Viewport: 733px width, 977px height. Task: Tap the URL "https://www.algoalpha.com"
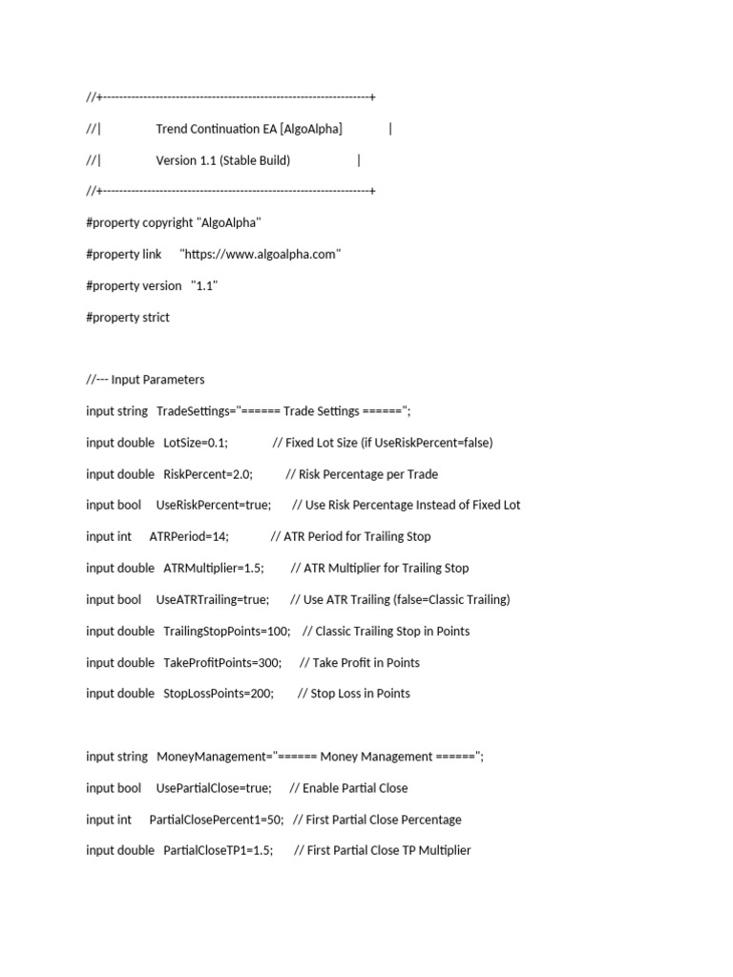point(261,254)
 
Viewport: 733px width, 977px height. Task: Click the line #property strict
point(128,317)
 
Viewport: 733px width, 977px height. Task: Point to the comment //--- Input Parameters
point(145,380)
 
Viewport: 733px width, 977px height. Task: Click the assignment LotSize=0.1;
point(196,443)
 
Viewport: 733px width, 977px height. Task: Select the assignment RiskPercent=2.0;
point(208,474)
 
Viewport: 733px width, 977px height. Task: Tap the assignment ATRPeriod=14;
point(189,536)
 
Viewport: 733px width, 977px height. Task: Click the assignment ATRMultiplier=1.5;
point(214,568)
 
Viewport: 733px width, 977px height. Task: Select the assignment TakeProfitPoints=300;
point(222,662)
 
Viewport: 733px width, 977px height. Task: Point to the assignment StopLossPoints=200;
point(219,694)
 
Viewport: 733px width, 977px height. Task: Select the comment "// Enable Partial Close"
point(348,788)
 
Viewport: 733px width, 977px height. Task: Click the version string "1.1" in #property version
point(204,285)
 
